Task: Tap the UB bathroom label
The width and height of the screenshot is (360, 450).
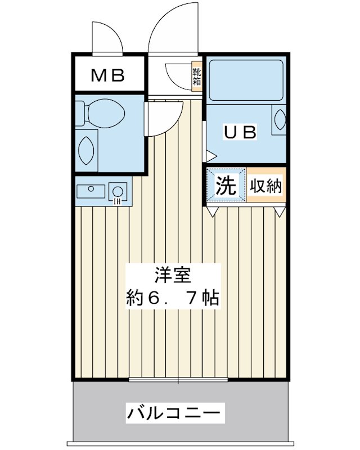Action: (x=241, y=133)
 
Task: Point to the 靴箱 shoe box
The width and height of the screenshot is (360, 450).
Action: (x=196, y=75)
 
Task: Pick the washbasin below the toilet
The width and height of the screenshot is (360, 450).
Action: (x=87, y=148)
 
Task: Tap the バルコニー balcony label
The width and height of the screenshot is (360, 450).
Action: (x=173, y=415)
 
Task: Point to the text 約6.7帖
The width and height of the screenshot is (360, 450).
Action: (x=172, y=297)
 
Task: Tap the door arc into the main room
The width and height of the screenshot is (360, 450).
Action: (x=163, y=118)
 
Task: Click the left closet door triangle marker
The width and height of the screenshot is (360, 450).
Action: (x=213, y=211)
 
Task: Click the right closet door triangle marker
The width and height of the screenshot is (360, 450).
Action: (x=280, y=211)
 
